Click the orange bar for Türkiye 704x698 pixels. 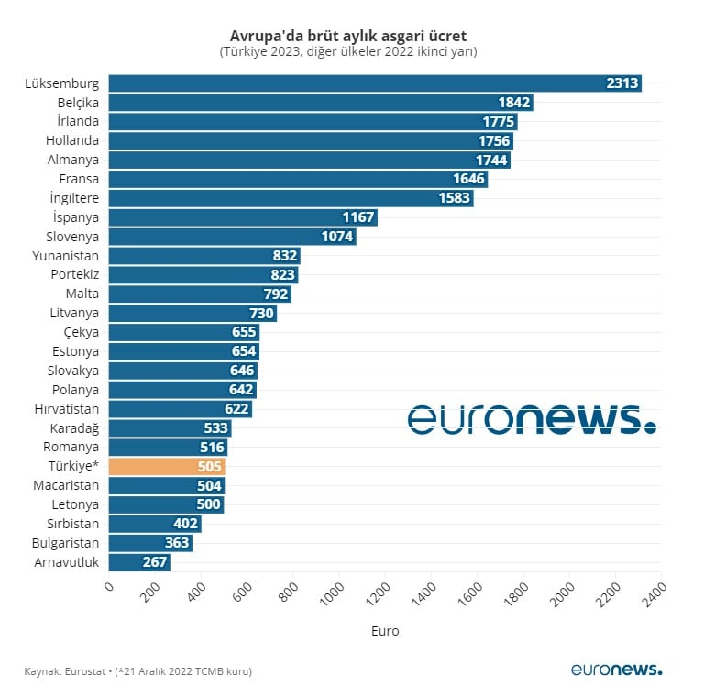pyautogui.click(x=167, y=466)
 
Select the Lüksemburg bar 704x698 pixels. pyautogui.click(x=374, y=83)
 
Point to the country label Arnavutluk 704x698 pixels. pyautogui.click(x=66, y=562)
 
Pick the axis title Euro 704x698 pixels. pyautogui.click(x=385, y=631)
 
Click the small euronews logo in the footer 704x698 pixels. pyautogui.click(x=615, y=670)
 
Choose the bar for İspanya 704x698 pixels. pyautogui.click(x=243, y=217)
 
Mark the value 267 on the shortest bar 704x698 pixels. pyautogui.click(x=153, y=562)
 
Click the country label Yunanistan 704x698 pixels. pyautogui.click(x=65, y=256)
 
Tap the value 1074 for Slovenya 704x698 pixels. pyautogui.click(x=337, y=237)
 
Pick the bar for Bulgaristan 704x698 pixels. pyautogui.click(x=150, y=543)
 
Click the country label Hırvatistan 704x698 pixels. pyautogui.click(x=66, y=409)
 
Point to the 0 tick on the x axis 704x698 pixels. pyautogui.click(x=109, y=588)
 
